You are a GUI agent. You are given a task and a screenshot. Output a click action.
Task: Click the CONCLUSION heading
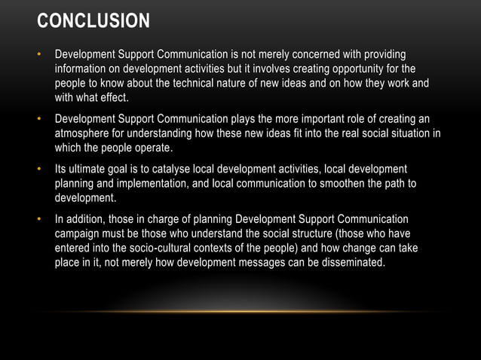coord(94,21)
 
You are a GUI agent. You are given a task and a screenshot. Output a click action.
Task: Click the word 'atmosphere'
coord(83,134)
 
